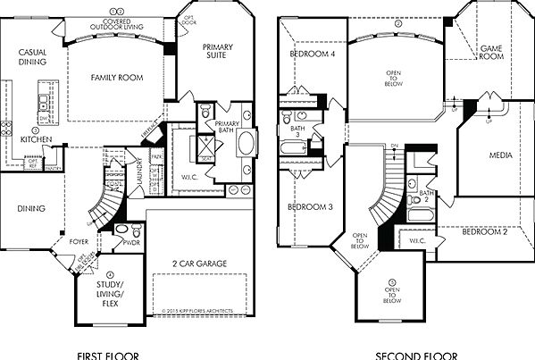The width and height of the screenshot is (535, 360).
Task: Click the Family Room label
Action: pyautogui.click(x=118, y=79)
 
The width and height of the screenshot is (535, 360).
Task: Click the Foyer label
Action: pyautogui.click(x=79, y=241)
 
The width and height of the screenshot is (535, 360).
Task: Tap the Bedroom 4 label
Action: pyautogui.click(x=309, y=54)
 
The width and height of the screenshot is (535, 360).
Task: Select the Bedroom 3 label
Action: pyautogui.click(x=309, y=207)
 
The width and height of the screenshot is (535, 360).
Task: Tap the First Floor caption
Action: pyautogui.click(x=109, y=356)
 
